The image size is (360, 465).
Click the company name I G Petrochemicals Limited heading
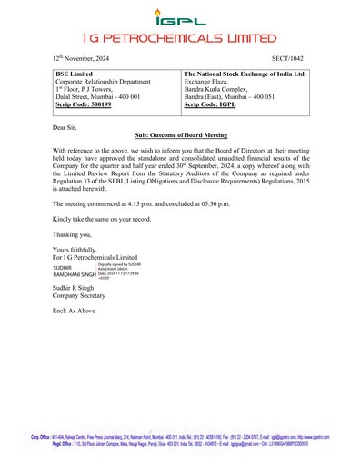(179, 39)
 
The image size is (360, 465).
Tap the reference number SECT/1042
(286, 56)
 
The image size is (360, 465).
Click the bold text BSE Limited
(75, 71)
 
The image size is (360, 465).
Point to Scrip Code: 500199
(84, 105)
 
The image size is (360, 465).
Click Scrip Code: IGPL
(215, 105)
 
